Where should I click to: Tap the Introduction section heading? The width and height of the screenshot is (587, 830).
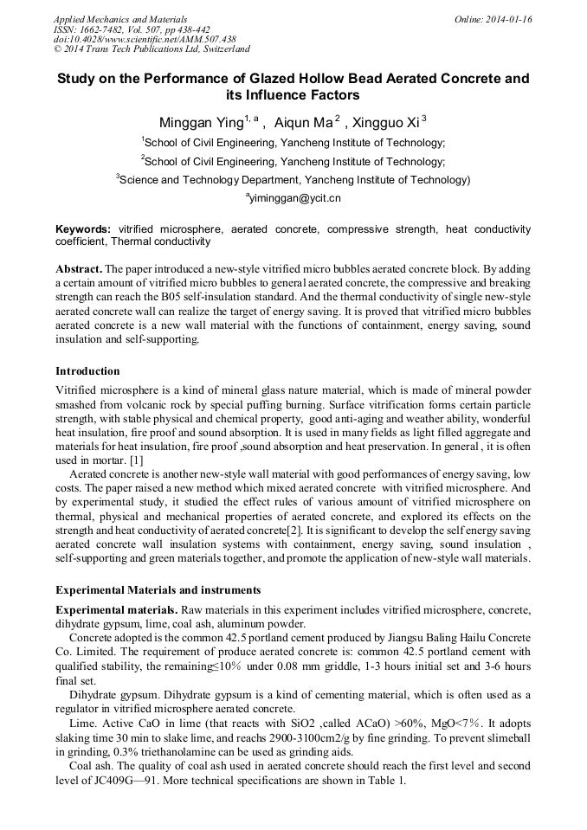[87, 371]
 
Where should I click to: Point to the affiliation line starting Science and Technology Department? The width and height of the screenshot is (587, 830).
[293, 180]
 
